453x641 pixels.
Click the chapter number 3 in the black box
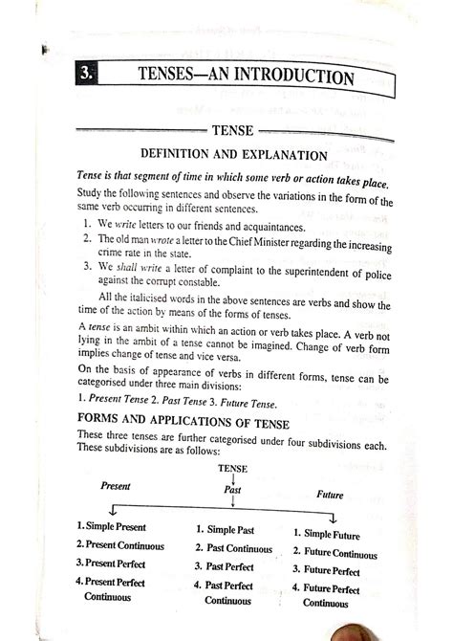86,73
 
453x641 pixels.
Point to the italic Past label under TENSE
233,490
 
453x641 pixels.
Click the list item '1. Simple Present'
114,527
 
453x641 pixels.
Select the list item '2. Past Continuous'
232,549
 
